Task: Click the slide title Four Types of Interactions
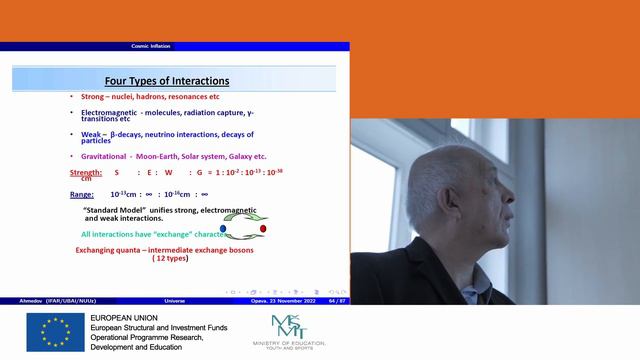tap(168, 80)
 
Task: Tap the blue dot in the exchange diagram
tap(223, 228)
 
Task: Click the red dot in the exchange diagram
tap(263, 228)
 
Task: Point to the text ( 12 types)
tap(173, 258)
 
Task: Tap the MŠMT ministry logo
tap(289, 327)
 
